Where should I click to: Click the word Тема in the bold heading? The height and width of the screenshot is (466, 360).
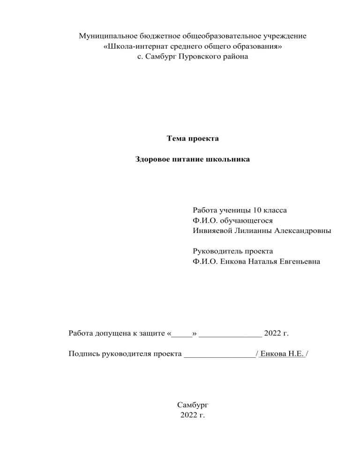point(176,139)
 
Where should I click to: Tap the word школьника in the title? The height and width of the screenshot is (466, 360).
point(229,159)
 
